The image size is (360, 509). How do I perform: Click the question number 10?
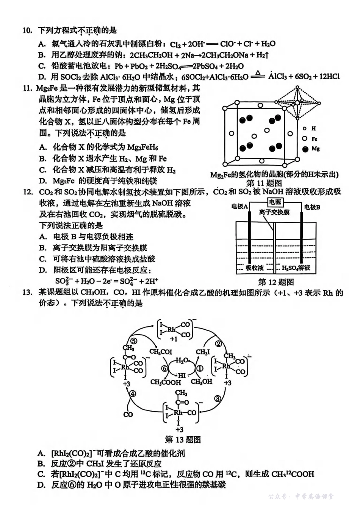coord(27,30)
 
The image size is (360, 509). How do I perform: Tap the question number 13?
coord(27,293)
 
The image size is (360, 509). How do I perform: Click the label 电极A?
coord(239,207)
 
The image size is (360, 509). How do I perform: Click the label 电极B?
coord(312,207)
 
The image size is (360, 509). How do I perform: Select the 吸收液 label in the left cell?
coord(254,268)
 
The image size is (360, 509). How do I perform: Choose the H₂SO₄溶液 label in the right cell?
coord(296,268)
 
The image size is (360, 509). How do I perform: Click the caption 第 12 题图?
coord(275,282)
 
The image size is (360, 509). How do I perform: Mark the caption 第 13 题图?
coord(183,440)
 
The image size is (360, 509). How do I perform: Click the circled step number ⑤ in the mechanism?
coord(133,341)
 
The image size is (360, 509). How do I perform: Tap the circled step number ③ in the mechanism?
coord(218,398)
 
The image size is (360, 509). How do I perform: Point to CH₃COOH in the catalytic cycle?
coord(166,382)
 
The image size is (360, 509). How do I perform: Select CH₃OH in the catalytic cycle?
coord(202,382)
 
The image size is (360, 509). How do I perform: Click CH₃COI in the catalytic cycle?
coord(161,352)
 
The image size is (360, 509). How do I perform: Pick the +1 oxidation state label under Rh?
coord(174,339)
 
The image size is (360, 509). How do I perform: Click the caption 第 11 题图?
coord(269,183)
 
